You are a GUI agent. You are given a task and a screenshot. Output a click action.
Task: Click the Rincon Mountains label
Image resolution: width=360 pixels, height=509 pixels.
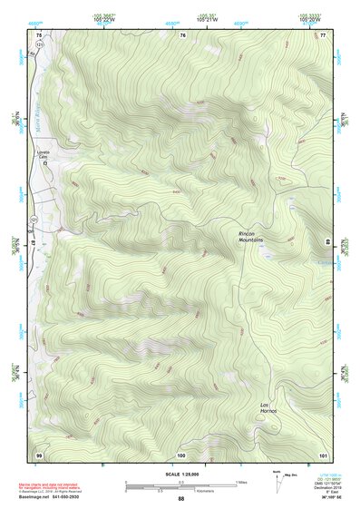tap(250, 237)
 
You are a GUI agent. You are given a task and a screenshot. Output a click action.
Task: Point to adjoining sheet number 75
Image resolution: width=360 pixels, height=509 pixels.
tap(39, 34)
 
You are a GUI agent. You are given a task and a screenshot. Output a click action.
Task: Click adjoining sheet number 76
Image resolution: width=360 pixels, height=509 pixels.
tap(182, 34)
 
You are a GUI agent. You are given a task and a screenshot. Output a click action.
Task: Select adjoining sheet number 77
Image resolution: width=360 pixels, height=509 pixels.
tap(323, 34)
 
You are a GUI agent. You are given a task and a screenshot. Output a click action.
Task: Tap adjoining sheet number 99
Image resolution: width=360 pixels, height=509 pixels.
tap(39, 453)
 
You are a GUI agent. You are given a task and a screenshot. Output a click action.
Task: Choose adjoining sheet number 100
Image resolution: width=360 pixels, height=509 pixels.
tap(181, 453)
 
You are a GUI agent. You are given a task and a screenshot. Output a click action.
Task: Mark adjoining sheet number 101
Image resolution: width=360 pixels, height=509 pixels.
tap(323, 453)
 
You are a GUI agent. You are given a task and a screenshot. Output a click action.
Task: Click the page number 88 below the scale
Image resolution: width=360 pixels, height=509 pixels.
tap(180, 499)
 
